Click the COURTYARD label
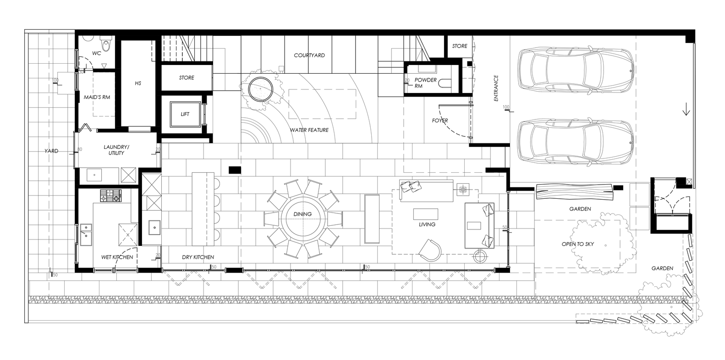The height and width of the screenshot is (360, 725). tap(309, 55)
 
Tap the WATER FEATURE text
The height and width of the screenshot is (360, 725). tap(309, 130)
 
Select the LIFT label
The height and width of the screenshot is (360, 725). tap(185, 114)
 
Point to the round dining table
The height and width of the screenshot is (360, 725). tap(302, 219)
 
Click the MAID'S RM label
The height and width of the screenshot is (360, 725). tap(97, 97)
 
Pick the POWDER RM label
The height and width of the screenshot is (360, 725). tap(425, 83)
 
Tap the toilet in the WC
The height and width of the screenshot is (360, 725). tap(106, 44)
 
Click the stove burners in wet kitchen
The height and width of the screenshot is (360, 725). tap(110, 196)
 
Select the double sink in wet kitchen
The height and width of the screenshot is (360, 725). tap(86, 235)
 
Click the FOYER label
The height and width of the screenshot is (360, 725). tap(440, 120)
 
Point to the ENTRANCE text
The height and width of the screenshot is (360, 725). tap(496, 88)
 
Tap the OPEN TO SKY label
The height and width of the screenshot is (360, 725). tap(578, 244)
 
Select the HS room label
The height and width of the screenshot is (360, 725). tap(138, 83)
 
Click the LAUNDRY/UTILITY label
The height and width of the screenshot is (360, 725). tap(116, 150)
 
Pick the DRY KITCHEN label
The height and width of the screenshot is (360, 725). tap(198, 257)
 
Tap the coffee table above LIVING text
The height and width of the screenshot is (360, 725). tap(426, 214)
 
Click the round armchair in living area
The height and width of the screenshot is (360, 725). tap(430, 250)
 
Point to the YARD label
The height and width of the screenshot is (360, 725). tap(51, 151)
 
